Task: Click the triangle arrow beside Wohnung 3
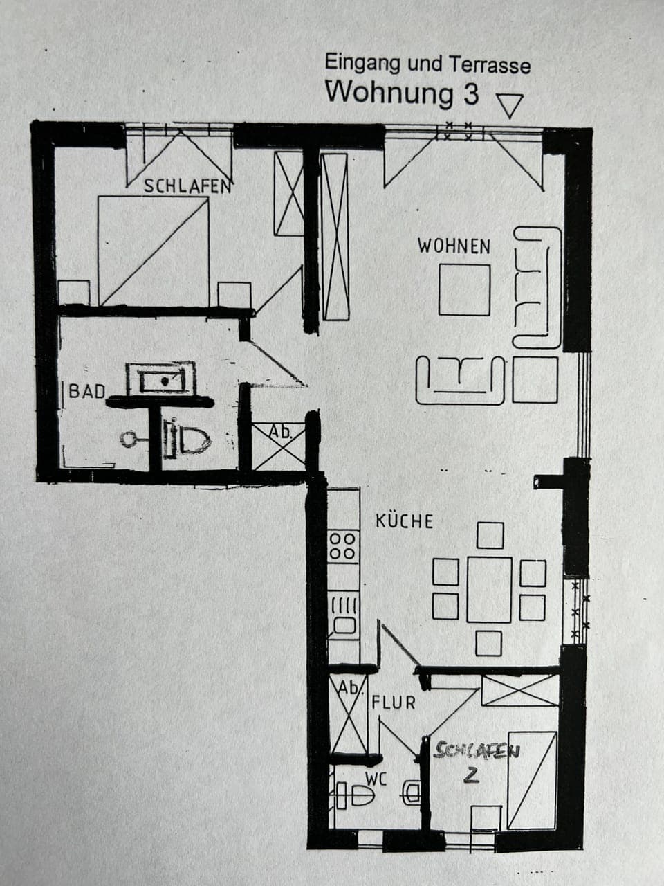(510, 106)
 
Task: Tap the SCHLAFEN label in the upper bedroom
(187, 186)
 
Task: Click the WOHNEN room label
(454, 246)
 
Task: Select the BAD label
(87, 392)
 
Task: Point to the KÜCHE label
(405, 521)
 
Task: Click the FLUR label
(394, 703)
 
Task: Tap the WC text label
(376, 779)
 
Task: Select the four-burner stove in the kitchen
(343, 545)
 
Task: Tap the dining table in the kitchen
(489, 589)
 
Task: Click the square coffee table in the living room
(464, 289)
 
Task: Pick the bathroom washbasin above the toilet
(161, 379)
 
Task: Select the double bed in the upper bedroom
(154, 251)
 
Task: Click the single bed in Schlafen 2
(532, 779)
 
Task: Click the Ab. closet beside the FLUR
(349, 716)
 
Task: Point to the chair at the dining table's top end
(490, 535)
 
